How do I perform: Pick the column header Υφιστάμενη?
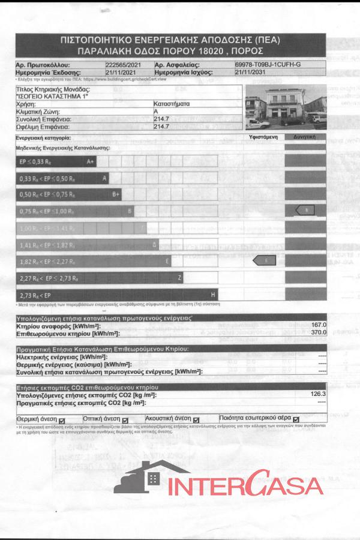coord(262,137)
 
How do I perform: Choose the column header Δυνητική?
coord(305,137)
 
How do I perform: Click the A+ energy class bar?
coord(56,161)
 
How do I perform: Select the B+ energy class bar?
coord(69,194)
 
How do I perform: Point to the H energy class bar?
coord(116,295)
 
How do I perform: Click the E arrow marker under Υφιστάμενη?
coord(263,260)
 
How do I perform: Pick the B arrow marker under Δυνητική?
coord(305,210)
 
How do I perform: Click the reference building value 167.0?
coord(318,324)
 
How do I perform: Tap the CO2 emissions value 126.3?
coord(317,394)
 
